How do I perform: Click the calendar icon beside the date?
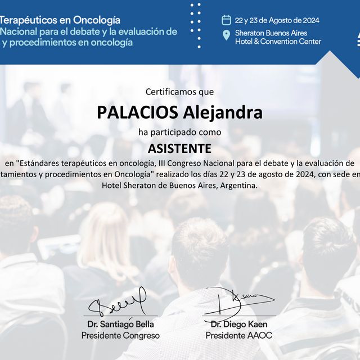click(227, 20)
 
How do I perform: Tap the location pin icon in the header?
click(227, 36)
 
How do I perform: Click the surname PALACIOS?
click(138, 112)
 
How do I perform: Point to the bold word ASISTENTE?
click(179, 148)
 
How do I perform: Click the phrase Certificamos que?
click(179, 91)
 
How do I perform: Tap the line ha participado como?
click(179, 132)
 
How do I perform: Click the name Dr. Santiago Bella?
click(120, 325)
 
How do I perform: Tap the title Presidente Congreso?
click(120, 335)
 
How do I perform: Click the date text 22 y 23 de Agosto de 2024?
click(277, 20)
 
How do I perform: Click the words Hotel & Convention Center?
click(278, 42)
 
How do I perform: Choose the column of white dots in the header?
click(196, 25)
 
